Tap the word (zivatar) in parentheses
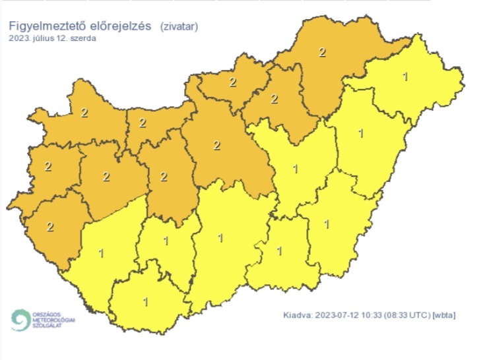point(179,26)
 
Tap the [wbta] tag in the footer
point(444,315)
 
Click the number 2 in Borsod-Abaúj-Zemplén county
point(322,52)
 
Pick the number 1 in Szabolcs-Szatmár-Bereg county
point(405,77)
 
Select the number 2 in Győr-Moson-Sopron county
point(84,113)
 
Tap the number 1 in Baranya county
point(146,302)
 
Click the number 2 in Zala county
point(50,227)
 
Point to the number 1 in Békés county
point(327,224)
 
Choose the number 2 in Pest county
point(217,146)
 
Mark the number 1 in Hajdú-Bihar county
point(360,134)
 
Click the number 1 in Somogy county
point(101,252)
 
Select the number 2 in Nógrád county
point(232,82)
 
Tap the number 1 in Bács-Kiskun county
point(220,237)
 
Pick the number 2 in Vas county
point(48,166)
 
